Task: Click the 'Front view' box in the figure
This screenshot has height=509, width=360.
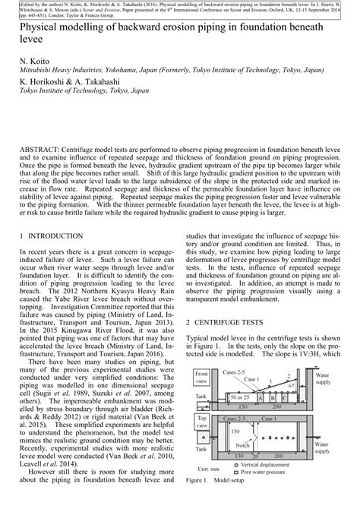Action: [x=202, y=377]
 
